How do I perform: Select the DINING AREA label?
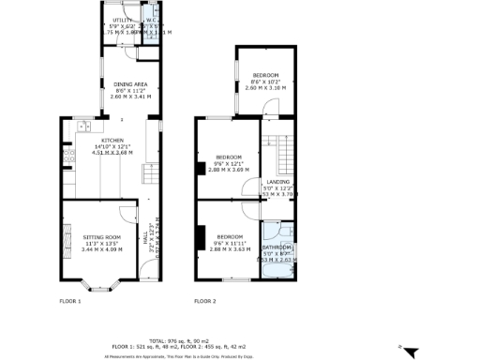pyautogui.click(x=130, y=84)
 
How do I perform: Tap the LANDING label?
pyautogui.click(x=277, y=181)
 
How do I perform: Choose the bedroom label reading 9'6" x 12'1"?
pyautogui.click(x=230, y=157)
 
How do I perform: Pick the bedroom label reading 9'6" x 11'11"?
pyautogui.click(x=230, y=236)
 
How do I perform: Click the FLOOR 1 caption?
pyautogui.click(x=70, y=301)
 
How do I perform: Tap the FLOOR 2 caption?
pyautogui.click(x=205, y=301)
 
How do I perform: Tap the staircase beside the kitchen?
pyautogui.click(x=149, y=175)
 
